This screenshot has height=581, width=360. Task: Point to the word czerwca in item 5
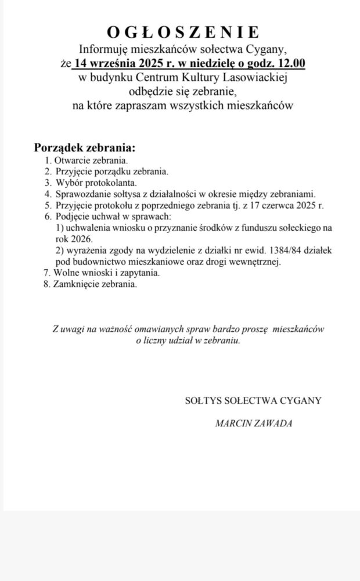[278, 205]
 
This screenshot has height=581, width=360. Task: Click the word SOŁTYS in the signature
[201, 401]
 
